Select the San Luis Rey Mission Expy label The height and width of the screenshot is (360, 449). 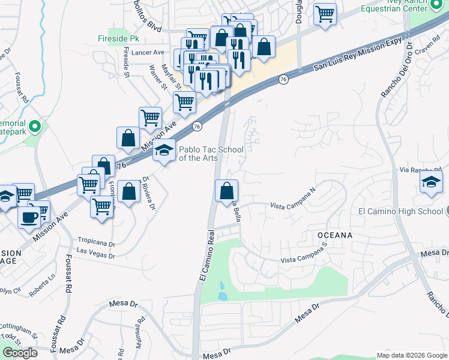pos(357,55)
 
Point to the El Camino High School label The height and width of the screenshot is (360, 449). pos(400,211)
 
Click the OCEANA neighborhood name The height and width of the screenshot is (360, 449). pos(331,235)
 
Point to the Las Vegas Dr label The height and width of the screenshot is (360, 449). pos(95,256)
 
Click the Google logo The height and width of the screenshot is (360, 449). pos(20,353)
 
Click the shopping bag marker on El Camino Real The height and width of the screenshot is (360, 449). pos(226,191)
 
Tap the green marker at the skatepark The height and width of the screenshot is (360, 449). pos(35,127)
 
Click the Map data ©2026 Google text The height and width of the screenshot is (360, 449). pos(411,355)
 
